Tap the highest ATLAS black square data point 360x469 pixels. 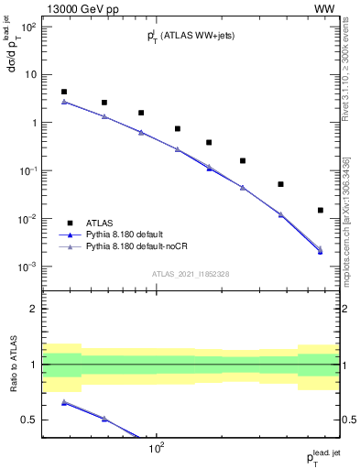click(63, 92)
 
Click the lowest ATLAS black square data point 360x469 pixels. click(320, 210)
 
